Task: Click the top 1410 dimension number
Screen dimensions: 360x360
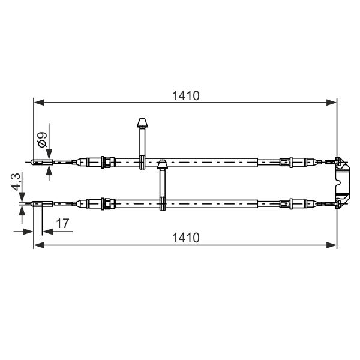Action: [186, 96]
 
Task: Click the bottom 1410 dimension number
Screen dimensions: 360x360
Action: [186, 238]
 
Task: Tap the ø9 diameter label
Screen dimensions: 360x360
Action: [42, 140]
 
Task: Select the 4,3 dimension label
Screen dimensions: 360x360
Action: [17, 182]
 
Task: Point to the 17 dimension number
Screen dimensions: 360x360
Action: [62, 223]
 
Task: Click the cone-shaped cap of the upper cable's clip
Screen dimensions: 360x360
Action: [142, 122]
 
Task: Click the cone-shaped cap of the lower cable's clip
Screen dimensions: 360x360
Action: [163, 164]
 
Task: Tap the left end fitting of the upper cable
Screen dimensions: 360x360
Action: [41, 162]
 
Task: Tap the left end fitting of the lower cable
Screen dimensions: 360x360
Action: [41, 203]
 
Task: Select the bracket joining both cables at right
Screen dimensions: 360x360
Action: [342, 182]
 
